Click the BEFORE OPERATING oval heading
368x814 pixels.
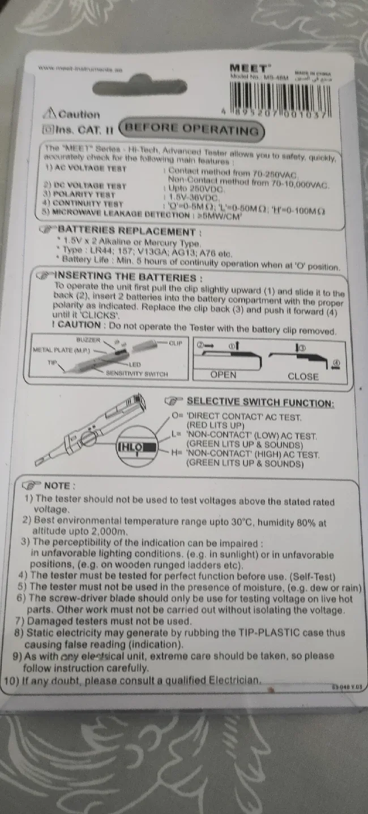[x=193, y=129]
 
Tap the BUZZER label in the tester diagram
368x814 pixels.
[x=88, y=340]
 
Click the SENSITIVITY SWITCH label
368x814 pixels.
[x=136, y=374]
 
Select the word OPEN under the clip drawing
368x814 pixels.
[x=224, y=375]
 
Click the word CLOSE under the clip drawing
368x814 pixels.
[x=303, y=376]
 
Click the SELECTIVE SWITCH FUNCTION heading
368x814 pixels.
[x=260, y=402]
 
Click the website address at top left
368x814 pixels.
[x=80, y=69]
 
